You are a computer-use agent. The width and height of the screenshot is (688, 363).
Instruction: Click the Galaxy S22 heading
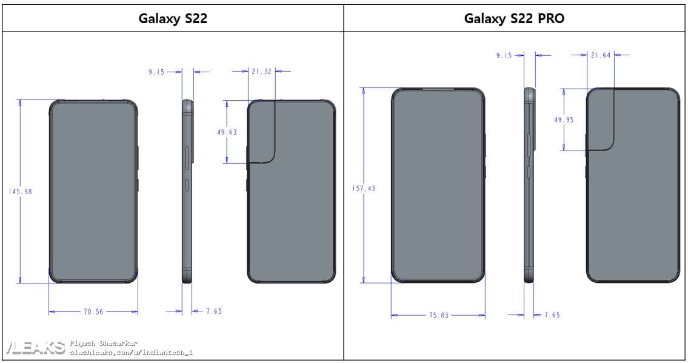[x=173, y=18]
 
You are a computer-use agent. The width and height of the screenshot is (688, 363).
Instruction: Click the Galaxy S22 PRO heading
[x=514, y=18]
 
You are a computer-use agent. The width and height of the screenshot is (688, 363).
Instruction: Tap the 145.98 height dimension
[x=21, y=192]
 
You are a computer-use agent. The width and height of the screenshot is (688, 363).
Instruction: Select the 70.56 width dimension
[x=93, y=311]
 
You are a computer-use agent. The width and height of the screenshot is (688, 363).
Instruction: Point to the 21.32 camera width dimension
[x=261, y=71]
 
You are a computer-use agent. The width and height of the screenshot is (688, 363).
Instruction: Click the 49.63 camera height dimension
[x=227, y=132]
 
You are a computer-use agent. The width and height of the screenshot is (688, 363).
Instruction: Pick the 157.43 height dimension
[x=364, y=188]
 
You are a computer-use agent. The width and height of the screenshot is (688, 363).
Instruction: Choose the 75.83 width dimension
[x=439, y=315]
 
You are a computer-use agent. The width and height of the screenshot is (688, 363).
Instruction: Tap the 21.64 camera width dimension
[x=601, y=55]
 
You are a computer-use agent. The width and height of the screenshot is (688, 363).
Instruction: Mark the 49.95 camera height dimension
[x=564, y=120]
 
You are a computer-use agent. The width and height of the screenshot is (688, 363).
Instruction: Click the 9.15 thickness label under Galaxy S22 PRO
[x=504, y=55]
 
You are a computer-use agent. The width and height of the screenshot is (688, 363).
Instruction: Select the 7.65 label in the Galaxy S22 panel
[x=214, y=311]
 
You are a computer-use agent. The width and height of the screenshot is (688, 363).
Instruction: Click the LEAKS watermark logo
[x=36, y=348]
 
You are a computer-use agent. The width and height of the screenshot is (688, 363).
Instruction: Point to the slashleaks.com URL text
[x=131, y=353]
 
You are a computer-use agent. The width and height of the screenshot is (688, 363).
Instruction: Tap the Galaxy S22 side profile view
[x=187, y=191]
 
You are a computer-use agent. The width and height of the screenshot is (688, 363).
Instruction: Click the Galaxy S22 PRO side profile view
[x=530, y=185]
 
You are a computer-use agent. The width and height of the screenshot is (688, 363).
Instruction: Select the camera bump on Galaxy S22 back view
[x=262, y=131]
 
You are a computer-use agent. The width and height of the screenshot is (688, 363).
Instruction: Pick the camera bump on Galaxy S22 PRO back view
[x=600, y=119]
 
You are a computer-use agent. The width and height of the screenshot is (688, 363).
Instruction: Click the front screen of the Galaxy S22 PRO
[x=438, y=185]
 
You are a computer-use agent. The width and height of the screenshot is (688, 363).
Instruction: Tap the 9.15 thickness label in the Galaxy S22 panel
[x=156, y=72]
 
